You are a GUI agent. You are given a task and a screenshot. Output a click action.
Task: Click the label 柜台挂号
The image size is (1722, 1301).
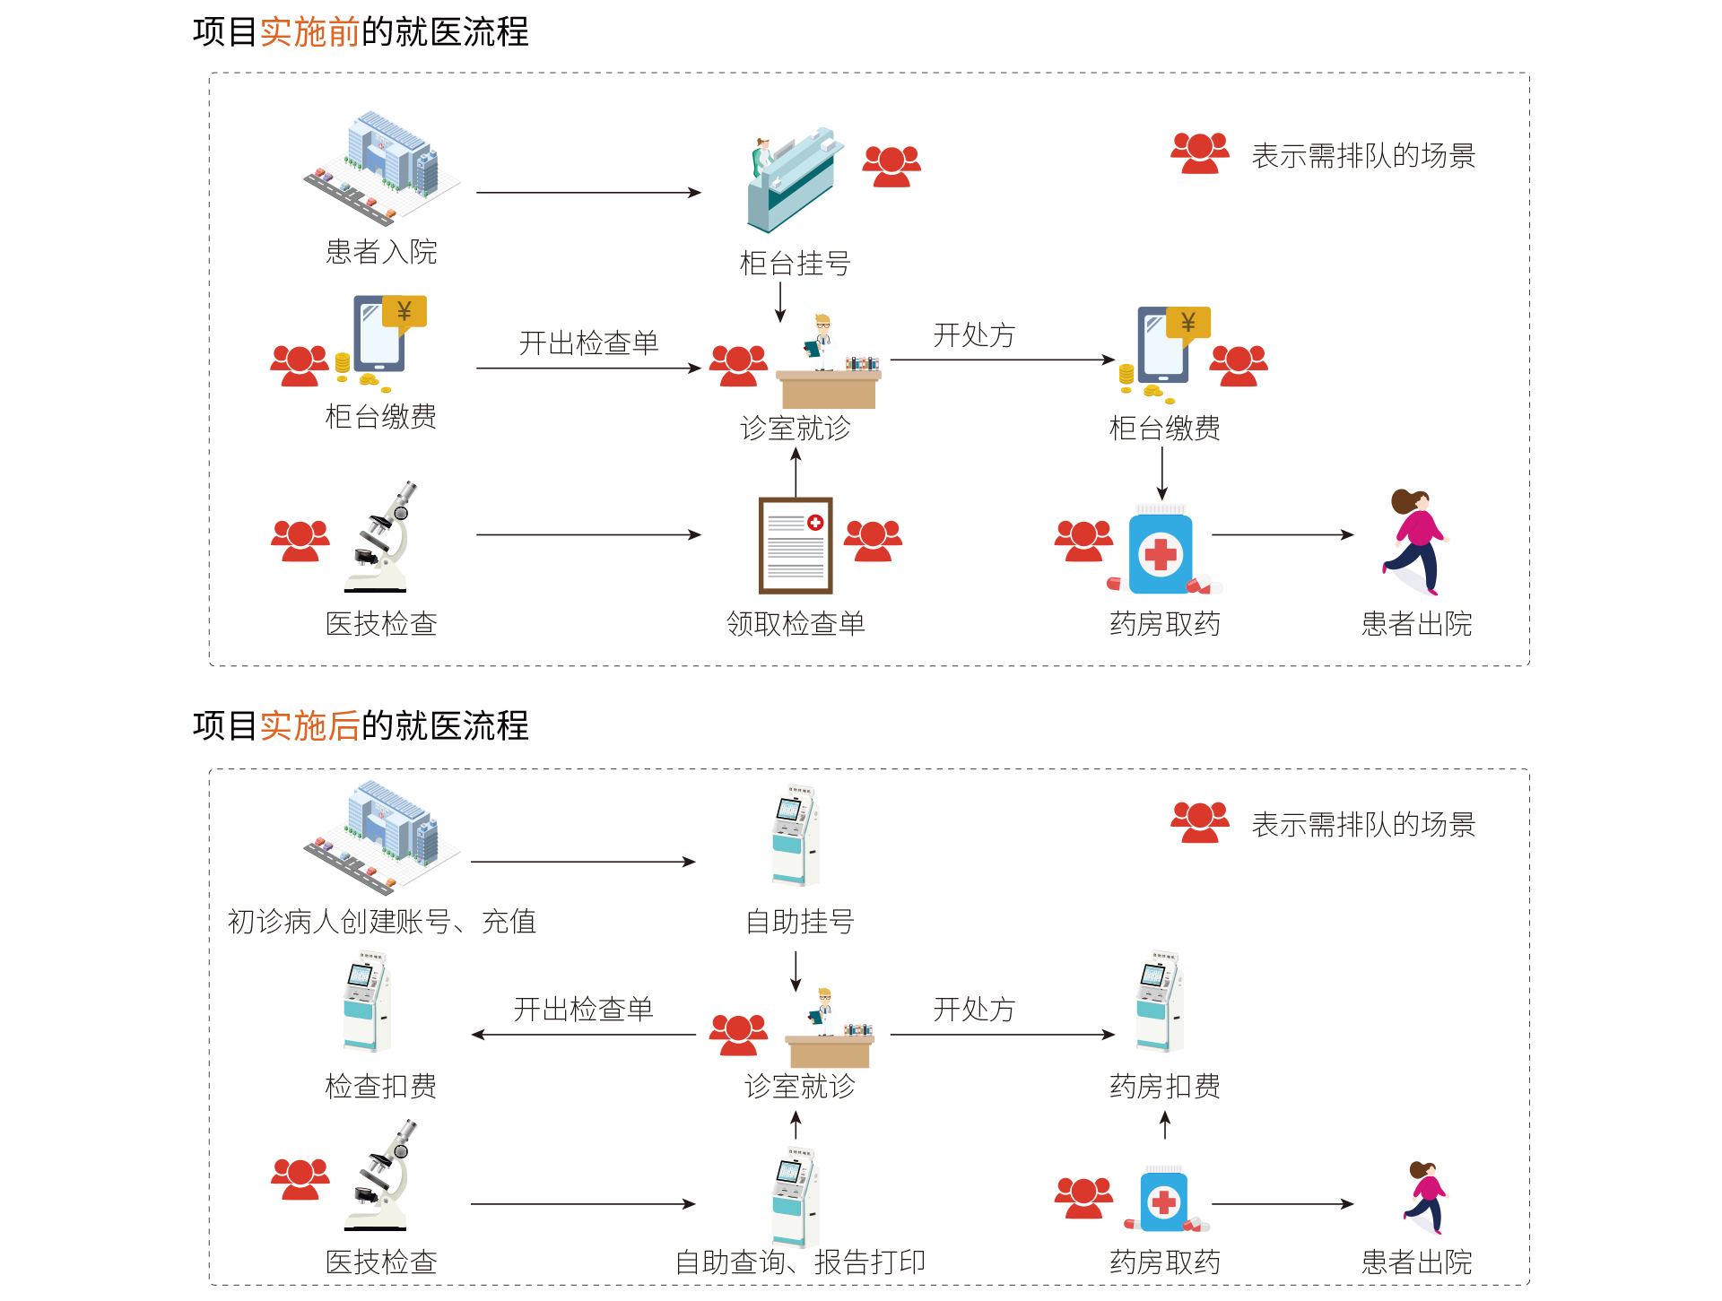point(795,264)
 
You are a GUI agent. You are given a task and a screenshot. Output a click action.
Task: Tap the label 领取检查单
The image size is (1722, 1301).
point(796,623)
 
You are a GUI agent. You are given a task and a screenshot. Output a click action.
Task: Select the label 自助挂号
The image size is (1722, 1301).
point(799,922)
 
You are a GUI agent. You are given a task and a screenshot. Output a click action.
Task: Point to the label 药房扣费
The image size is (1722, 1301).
point(1164,1087)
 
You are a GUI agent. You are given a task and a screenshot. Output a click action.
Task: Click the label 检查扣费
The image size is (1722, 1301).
point(380,1087)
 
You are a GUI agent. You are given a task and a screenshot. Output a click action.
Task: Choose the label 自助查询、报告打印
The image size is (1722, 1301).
point(799,1262)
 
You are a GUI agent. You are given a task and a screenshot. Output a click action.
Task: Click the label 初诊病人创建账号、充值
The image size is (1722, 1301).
point(381,922)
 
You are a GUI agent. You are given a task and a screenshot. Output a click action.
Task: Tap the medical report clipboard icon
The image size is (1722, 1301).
point(796,545)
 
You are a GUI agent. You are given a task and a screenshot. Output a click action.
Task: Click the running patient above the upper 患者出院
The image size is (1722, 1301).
point(1416,542)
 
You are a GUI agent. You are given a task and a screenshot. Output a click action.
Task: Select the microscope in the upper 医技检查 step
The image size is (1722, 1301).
point(382,537)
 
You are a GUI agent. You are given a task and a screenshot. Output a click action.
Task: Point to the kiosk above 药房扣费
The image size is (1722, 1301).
point(1160,1001)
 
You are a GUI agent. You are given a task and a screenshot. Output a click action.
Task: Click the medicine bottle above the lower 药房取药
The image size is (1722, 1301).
point(1164,1200)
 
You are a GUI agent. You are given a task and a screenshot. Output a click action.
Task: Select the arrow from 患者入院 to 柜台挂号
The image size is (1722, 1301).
point(588,193)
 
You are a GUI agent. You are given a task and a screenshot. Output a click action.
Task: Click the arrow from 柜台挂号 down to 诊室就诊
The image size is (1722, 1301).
point(780,302)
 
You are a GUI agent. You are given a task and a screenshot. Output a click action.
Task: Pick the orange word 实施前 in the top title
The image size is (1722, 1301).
point(309,32)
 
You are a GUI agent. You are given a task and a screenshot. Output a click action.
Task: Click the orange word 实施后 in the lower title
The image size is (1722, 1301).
point(309,725)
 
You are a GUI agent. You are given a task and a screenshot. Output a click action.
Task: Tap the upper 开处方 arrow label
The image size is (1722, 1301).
point(973,335)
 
